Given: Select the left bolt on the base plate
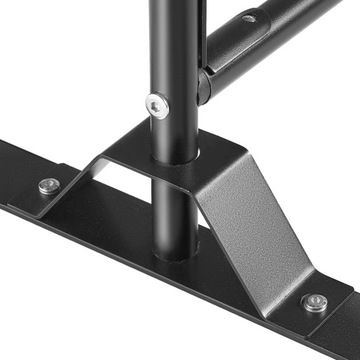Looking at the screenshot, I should click(47, 186).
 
